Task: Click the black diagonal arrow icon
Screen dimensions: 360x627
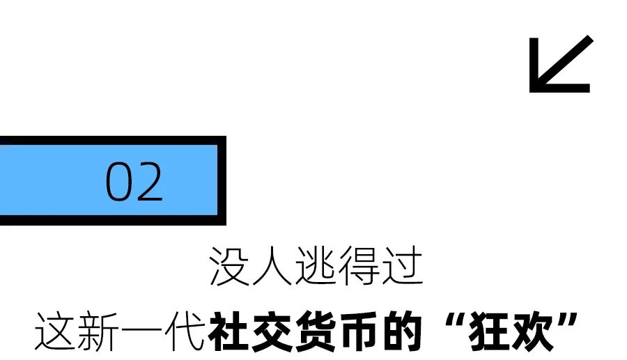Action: point(560,64)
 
